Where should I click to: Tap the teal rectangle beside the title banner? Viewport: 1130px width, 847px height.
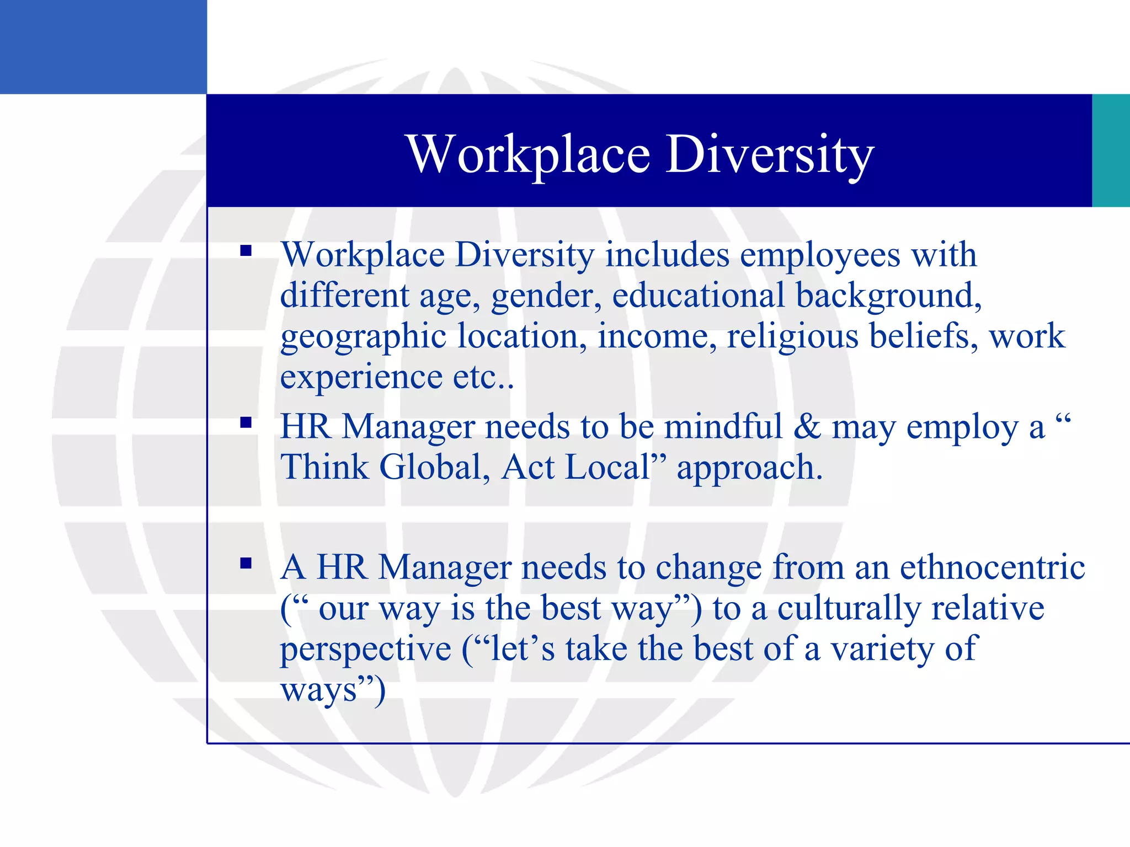[1111, 151]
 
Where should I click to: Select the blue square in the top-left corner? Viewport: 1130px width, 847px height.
[103, 47]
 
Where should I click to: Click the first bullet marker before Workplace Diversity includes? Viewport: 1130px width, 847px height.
[246, 251]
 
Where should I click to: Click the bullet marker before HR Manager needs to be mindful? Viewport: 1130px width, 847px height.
[246, 423]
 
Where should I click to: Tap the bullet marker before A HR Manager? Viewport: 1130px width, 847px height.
[246, 564]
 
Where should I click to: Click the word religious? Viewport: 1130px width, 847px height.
[792, 337]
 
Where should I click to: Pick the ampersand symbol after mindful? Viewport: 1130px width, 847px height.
[807, 426]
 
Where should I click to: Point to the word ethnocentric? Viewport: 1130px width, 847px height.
[992, 567]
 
